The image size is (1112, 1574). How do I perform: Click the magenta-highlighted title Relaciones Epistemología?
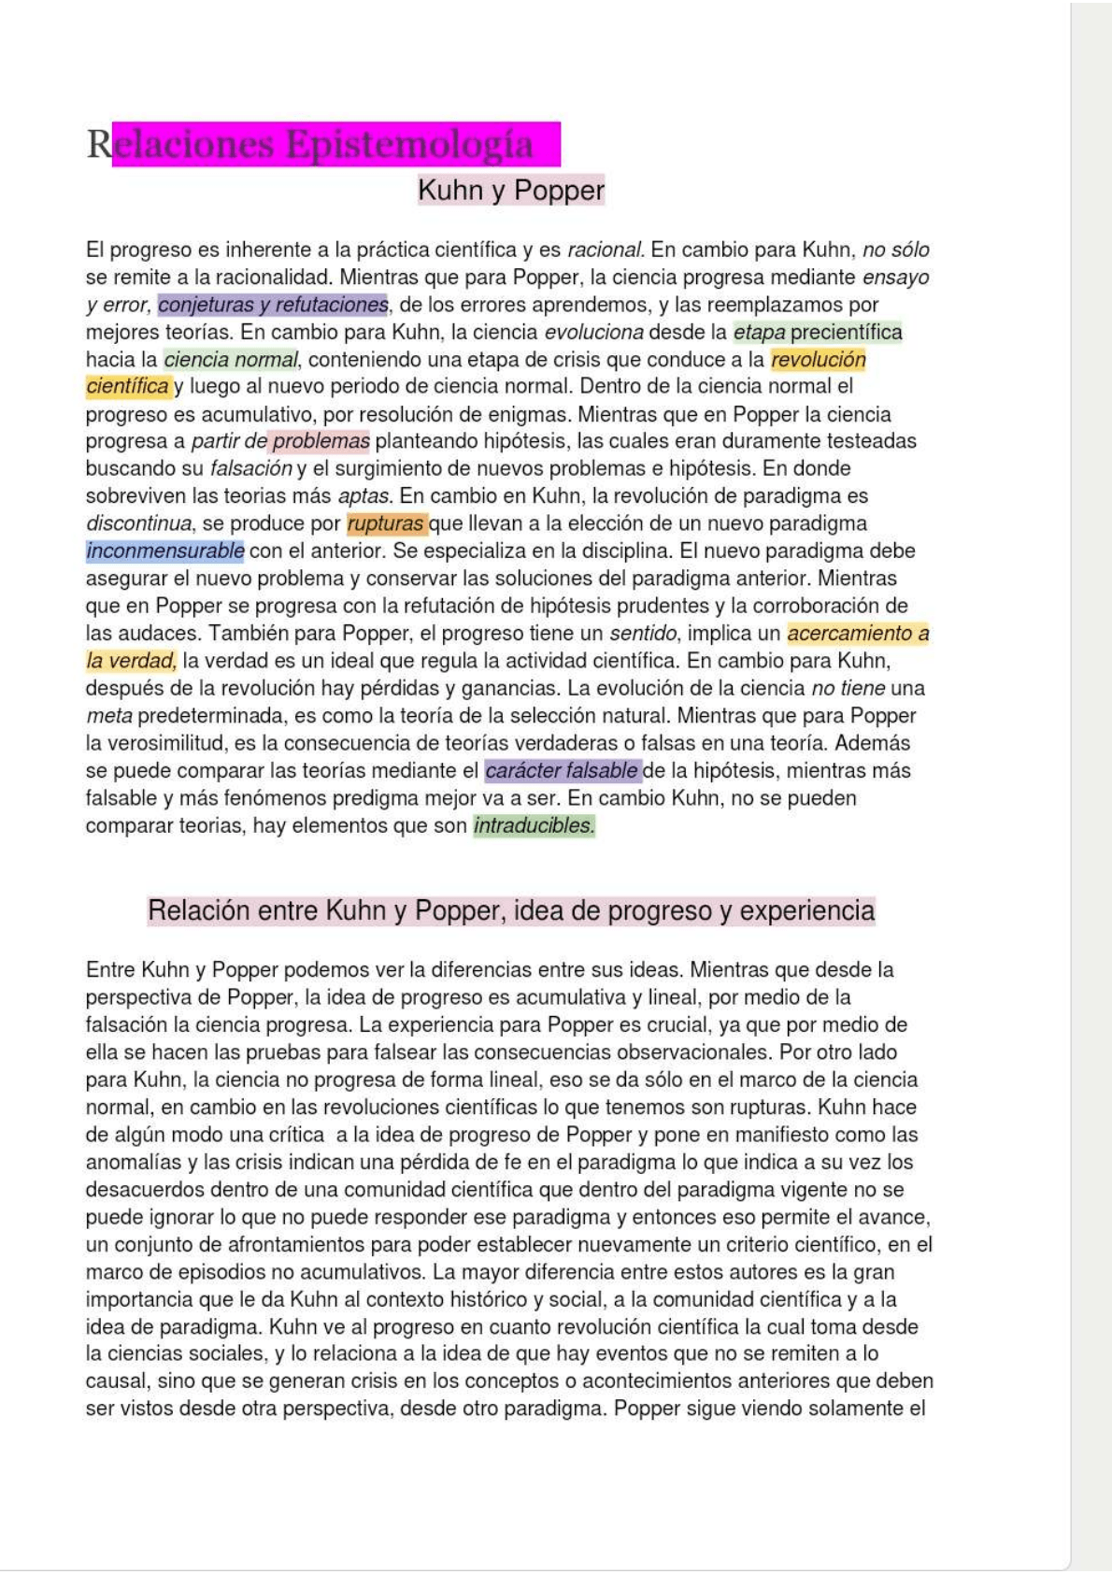(322, 145)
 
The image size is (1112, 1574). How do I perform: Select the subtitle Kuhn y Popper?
(510, 191)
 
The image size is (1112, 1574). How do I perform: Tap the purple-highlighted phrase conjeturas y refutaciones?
(273, 305)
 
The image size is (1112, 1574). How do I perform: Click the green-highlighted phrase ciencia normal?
(231, 360)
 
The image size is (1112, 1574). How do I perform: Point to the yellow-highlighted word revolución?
(819, 360)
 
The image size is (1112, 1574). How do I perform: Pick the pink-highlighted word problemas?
(321, 441)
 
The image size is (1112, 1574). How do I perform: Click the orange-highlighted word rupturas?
(386, 523)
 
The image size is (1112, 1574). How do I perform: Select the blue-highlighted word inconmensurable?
(165, 551)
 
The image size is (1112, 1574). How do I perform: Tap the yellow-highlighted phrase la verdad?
(131, 661)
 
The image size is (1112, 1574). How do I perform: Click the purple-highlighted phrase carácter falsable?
(562, 771)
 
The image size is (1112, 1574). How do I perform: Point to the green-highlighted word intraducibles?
(534, 826)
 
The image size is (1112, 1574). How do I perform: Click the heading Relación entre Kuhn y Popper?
(510, 911)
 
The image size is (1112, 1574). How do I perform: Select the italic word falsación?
(251, 468)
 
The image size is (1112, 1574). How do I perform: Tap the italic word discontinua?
(138, 523)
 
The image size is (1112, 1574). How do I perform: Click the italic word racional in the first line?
(605, 250)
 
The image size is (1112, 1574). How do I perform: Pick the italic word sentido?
(643, 634)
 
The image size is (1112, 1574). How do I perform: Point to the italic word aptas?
(365, 496)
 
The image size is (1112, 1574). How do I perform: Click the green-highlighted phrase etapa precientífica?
(818, 333)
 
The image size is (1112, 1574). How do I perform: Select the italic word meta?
(108, 716)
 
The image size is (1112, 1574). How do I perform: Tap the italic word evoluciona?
(593, 333)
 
